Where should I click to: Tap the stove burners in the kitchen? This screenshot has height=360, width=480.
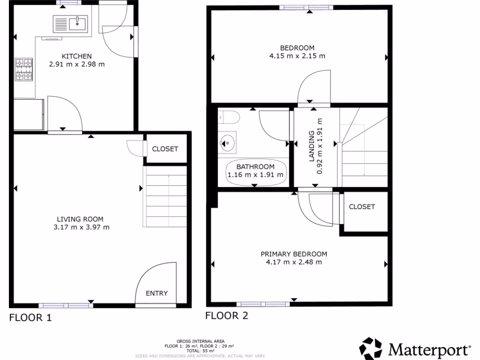[x=24, y=69]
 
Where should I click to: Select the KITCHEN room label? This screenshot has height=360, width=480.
[x=77, y=56]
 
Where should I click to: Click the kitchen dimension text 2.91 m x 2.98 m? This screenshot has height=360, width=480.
[x=77, y=64]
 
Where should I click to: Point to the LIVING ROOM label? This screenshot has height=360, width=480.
[x=80, y=219]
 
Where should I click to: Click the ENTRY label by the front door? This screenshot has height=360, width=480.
[x=157, y=293]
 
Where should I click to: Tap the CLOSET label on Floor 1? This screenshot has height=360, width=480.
[x=165, y=149]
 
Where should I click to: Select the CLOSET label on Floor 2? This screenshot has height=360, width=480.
[x=362, y=207]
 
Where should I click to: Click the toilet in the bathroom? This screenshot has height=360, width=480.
[x=229, y=116]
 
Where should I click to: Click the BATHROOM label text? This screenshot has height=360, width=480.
[x=255, y=167]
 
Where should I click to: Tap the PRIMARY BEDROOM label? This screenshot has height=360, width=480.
[x=294, y=254]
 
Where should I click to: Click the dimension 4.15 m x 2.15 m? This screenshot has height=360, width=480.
[x=297, y=56]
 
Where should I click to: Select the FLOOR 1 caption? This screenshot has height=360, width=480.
[x=30, y=318]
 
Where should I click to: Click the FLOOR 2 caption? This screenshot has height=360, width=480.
[x=226, y=315]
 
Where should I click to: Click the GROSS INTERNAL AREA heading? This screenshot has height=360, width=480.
[x=200, y=341]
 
